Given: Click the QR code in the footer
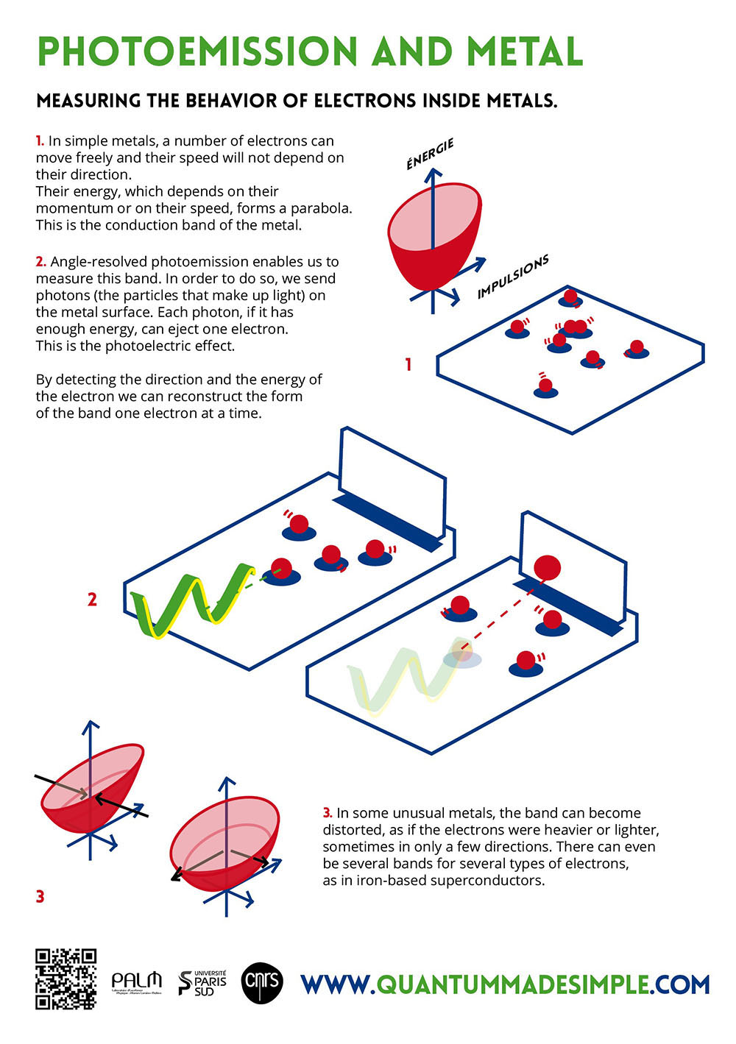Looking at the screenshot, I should click(x=66, y=979).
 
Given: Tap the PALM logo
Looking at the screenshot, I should click(x=136, y=981).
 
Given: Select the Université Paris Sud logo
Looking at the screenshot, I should click(x=202, y=982).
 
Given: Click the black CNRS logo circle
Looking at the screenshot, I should click(x=262, y=982).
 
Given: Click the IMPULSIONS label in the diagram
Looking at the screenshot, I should click(x=513, y=277).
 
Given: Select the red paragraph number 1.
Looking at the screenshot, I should click(x=40, y=141).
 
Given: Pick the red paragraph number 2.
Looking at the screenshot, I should click(x=41, y=261).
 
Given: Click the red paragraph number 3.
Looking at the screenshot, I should click(x=328, y=813).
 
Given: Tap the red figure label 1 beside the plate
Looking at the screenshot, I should click(x=408, y=364).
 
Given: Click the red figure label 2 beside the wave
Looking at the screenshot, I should click(x=92, y=600).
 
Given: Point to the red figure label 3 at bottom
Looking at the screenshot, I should click(x=40, y=896).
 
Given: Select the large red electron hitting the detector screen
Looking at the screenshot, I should click(x=547, y=567).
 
